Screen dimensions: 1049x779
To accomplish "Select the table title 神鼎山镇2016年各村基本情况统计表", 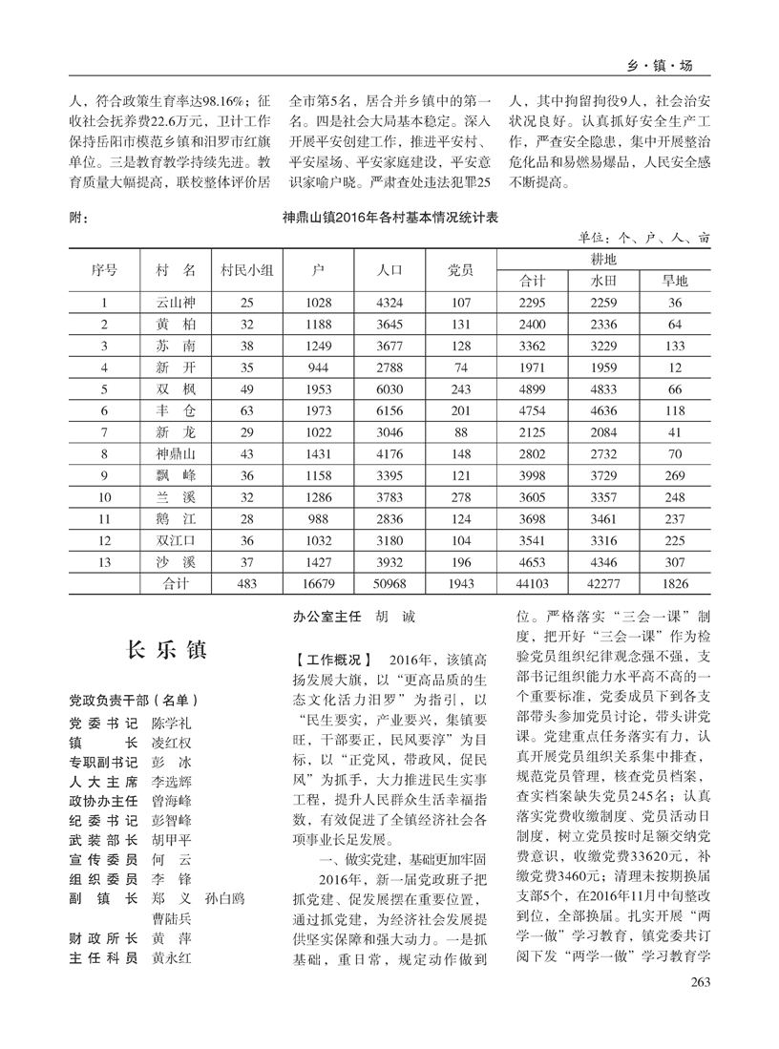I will coord(390,218).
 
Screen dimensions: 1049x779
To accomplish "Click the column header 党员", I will coord(461,270).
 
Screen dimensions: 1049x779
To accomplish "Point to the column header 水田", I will coord(605,281).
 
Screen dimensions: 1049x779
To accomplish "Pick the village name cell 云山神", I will coord(176,303).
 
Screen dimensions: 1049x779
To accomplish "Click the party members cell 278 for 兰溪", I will coord(461,497).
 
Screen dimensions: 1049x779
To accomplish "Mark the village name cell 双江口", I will coord(176,541).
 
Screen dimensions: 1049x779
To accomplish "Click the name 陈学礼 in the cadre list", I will coord(172,723).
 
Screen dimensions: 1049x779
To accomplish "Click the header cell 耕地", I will coord(603,260).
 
